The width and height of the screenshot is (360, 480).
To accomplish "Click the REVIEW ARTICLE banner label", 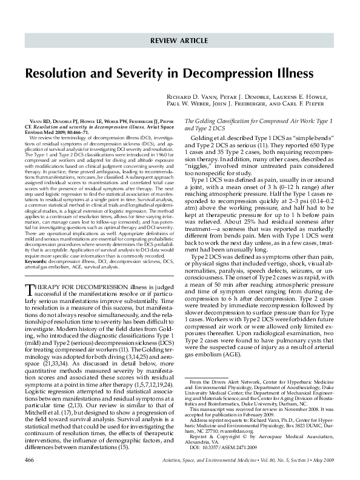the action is pyautogui.click(x=181, y=41).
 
